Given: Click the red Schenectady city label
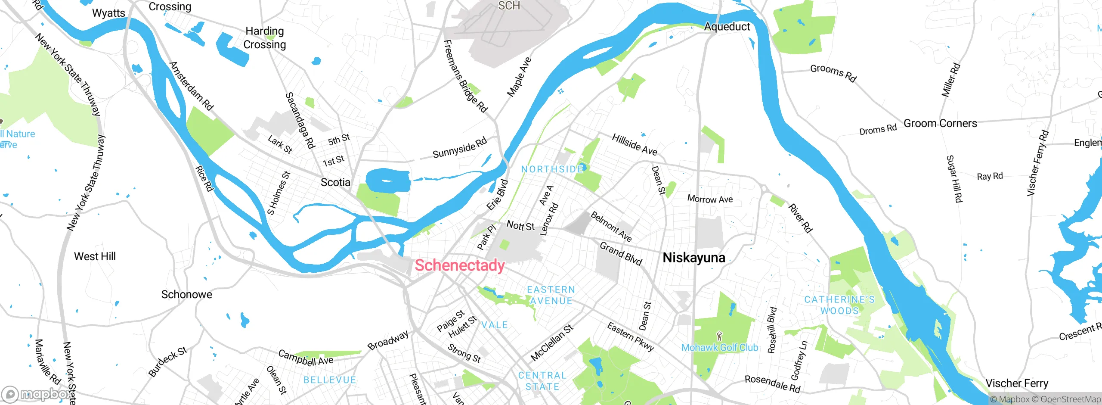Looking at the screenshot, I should pos(459,265).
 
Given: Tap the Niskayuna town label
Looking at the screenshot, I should pos(693,258).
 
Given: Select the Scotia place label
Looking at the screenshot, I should pos(335,182).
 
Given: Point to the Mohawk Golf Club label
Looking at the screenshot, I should pos(719,347).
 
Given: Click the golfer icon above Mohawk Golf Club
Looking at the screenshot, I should pos(719,336).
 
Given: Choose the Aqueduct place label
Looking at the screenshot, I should pos(727,27).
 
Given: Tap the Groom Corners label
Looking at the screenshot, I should pos(940,123).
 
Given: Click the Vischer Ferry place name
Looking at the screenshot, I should pos(1017,383).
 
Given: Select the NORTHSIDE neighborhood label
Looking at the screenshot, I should pos(552,169).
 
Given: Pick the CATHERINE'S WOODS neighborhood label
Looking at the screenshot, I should pos(839,305).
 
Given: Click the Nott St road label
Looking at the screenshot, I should pos(520,225).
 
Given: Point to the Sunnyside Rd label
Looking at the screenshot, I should pos(459,148).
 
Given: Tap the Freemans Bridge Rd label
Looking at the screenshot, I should pos(465,76).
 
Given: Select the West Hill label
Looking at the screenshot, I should pos(95,256).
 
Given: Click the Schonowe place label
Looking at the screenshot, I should pos(186,294).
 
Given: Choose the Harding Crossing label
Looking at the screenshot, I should pos(265,38).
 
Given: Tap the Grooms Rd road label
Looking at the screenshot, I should pos(833,73).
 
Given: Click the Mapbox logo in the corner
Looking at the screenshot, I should pos(37,394).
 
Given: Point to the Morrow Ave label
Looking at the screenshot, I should pos(710,199).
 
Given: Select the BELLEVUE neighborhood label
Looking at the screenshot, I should pos(330,380).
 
